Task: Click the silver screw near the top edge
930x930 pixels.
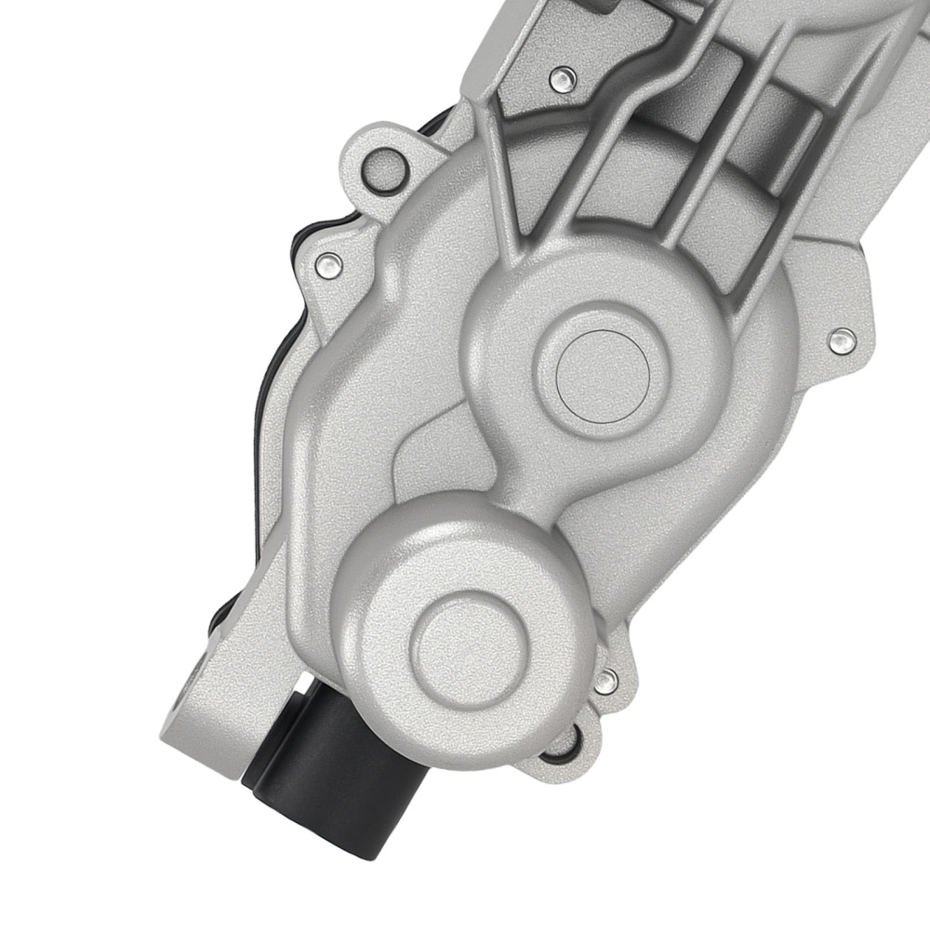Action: (x=560, y=80)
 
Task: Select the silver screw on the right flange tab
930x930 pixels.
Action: (x=843, y=340)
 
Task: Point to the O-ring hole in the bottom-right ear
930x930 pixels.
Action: (x=563, y=740)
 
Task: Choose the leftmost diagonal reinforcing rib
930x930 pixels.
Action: (x=507, y=177)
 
